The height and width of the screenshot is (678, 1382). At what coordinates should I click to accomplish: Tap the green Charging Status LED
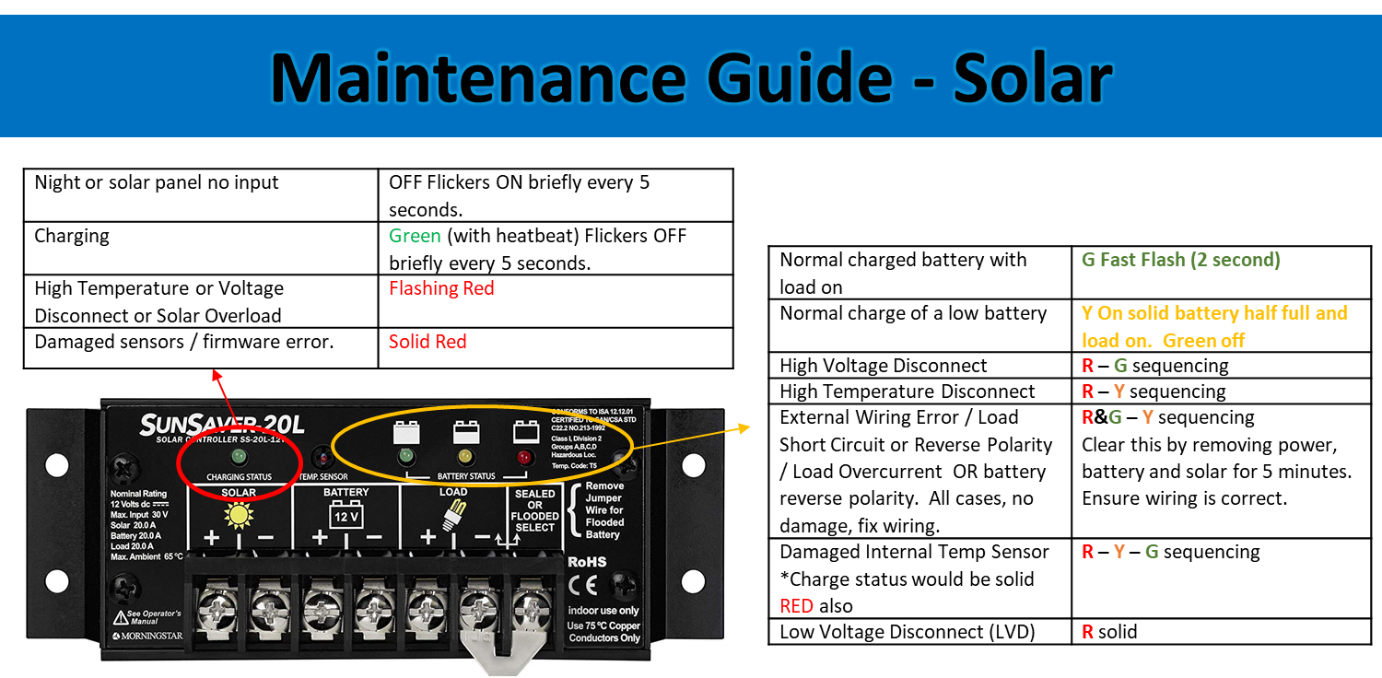click(x=239, y=456)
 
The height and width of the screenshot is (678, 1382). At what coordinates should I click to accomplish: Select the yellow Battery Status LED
click(x=464, y=456)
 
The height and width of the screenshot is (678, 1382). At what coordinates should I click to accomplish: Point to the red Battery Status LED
click(x=524, y=457)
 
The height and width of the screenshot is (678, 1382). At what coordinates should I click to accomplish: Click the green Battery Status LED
click(x=404, y=456)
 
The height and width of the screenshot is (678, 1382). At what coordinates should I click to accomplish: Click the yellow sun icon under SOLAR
click(x=240, y=515)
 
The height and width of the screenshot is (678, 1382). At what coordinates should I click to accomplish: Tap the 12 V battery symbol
click(x=345, y=517)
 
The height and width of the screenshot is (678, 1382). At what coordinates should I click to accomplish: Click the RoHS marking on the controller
click(x=587, y=562)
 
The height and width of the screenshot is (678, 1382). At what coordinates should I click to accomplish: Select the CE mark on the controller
click(x=583, y=586)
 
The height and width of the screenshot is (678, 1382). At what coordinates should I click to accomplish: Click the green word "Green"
click(x=415, y=236)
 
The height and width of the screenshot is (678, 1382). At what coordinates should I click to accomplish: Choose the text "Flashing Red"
click(x=441, y=288)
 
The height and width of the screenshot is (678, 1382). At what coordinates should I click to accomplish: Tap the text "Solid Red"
click(x=427, y=342)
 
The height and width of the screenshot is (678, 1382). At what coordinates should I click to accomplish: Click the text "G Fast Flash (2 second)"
click(x=1180, y=260)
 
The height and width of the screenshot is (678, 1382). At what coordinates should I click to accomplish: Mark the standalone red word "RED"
click(x=796, y=606)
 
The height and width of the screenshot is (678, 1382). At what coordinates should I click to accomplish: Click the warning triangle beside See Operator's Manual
click(x=120, y=617)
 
